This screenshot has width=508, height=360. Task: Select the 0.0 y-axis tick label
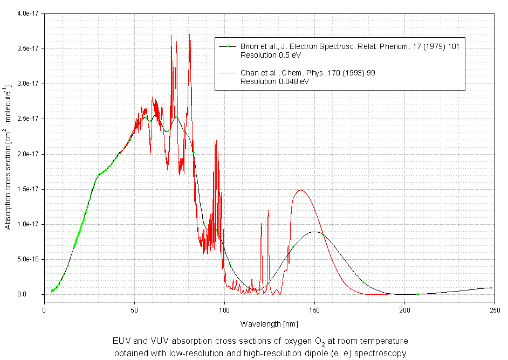34,294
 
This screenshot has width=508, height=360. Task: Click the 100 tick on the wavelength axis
224,310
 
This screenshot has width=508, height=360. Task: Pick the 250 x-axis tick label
494,310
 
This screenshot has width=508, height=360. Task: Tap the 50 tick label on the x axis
134,310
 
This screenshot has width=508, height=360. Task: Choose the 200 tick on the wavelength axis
404,310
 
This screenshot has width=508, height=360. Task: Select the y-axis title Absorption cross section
8,156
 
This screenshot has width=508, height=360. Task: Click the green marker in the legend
228,47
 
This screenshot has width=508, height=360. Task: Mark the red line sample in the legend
228,73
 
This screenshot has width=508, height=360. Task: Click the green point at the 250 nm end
491,288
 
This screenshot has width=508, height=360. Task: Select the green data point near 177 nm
363,282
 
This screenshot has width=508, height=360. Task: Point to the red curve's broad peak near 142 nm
300,190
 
